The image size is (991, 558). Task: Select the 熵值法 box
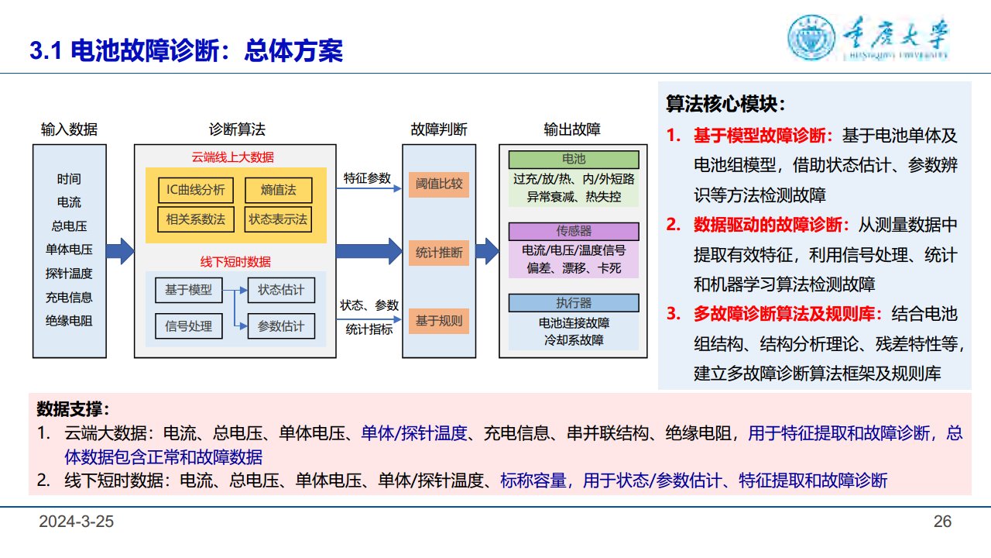click(x=279, y=190)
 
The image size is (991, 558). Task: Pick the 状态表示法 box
click(x=278, y=219)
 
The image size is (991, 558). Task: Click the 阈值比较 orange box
click(x=439, y=184)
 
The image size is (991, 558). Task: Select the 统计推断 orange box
click(x=439, y=253)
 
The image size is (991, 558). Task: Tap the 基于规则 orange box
click(x=439, y=321)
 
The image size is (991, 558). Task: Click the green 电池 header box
click(x=574, y=160)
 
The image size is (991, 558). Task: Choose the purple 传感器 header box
click(x=574, y=231)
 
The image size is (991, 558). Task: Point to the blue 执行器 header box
click(x=574, y=303)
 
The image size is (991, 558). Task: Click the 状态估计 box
click(x=281, y=290)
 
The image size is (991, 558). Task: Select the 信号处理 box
click(x=189, y=326)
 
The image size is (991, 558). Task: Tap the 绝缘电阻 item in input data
click(x=69, y=321)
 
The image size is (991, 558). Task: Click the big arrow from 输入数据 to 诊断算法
click(x=120, y=250)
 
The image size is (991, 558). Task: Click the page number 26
click(x=942, y=522)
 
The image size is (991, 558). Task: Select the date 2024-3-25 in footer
click(x=77, y=522)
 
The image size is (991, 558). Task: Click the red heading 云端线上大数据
click(x=233, y=157)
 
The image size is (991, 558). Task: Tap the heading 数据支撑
click(x=73, y=408)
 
